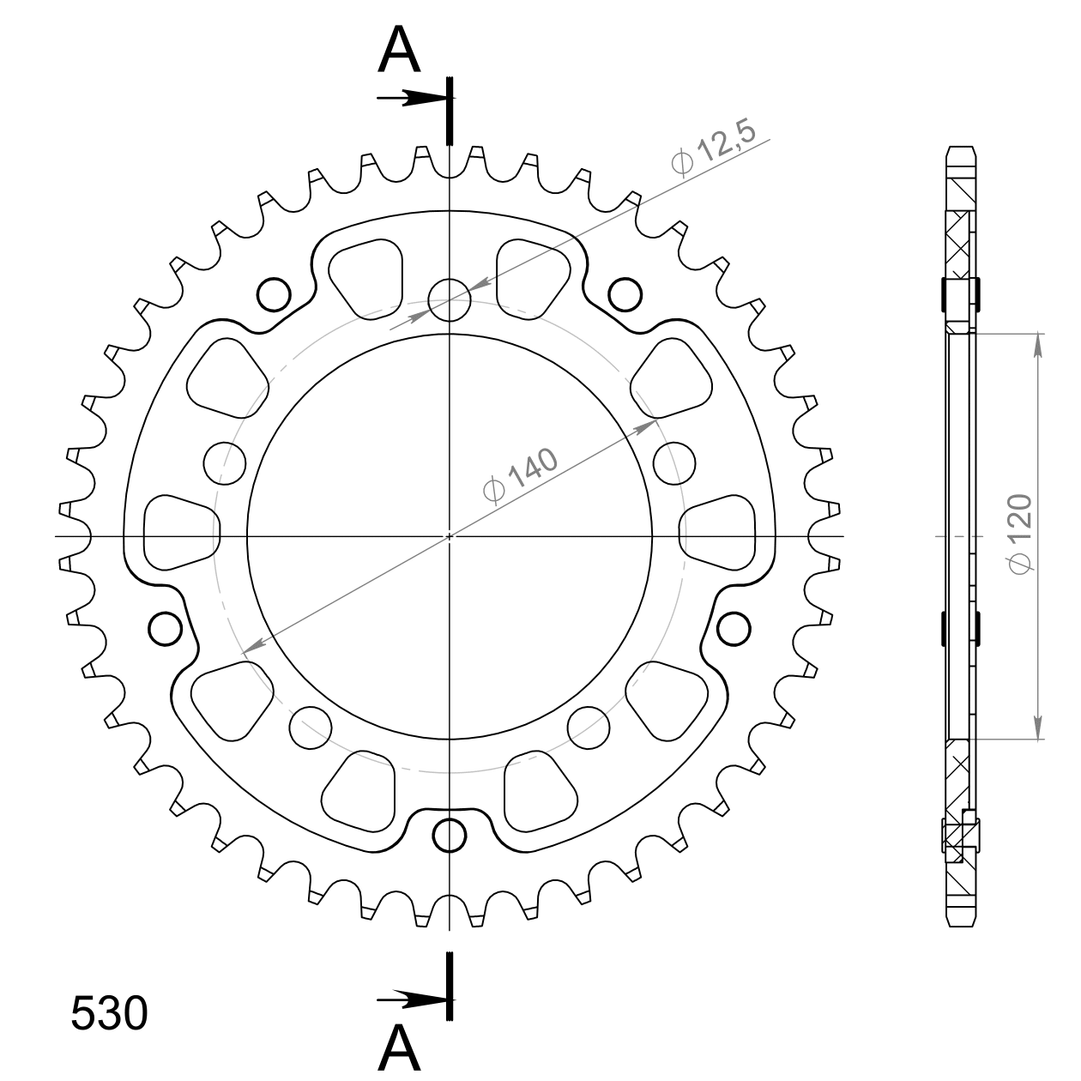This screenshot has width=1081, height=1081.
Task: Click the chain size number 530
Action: pos(110,1013)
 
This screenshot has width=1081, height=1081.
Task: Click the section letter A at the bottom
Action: pos(399,1047)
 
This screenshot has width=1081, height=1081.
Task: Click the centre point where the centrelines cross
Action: pos(450,536)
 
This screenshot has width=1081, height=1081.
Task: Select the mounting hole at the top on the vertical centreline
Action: pos(450,300)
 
